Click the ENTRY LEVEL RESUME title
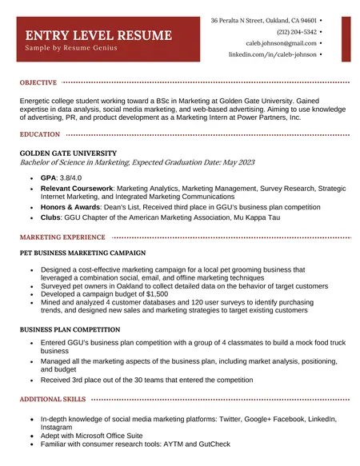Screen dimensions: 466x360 98,35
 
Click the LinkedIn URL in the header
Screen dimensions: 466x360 272,55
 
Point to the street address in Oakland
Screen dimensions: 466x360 263,20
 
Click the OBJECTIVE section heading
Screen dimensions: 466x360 38,82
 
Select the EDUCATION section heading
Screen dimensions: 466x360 40,134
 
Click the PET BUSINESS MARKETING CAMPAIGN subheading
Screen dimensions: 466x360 87,253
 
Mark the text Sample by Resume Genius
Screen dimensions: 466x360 71,48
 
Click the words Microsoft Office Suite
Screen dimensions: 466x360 105,436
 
